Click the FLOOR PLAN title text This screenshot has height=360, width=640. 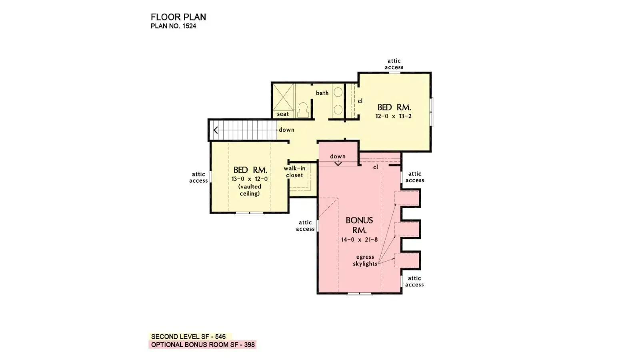[178, 17]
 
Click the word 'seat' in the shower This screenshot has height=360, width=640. [283, 114]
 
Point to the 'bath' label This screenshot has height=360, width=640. [322, 93]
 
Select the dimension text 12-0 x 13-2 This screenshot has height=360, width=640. [393, 116]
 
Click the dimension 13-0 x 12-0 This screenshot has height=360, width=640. [250, 179]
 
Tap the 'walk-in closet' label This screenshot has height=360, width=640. [294, 172]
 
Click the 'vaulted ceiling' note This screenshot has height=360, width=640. [250, 190]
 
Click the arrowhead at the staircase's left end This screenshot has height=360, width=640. [216, 130]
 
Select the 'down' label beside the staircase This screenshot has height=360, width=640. [286, 130]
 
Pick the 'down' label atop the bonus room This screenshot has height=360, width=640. [338, 156]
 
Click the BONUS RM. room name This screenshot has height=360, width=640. [359, 225]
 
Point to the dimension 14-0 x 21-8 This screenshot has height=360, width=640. [359, 240]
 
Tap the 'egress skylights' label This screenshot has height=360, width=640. [365, 260]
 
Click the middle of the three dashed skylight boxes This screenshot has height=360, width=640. [406, 230]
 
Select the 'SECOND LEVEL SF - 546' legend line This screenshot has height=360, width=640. [188, 337]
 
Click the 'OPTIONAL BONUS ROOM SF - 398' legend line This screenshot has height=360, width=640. [202, 345]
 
